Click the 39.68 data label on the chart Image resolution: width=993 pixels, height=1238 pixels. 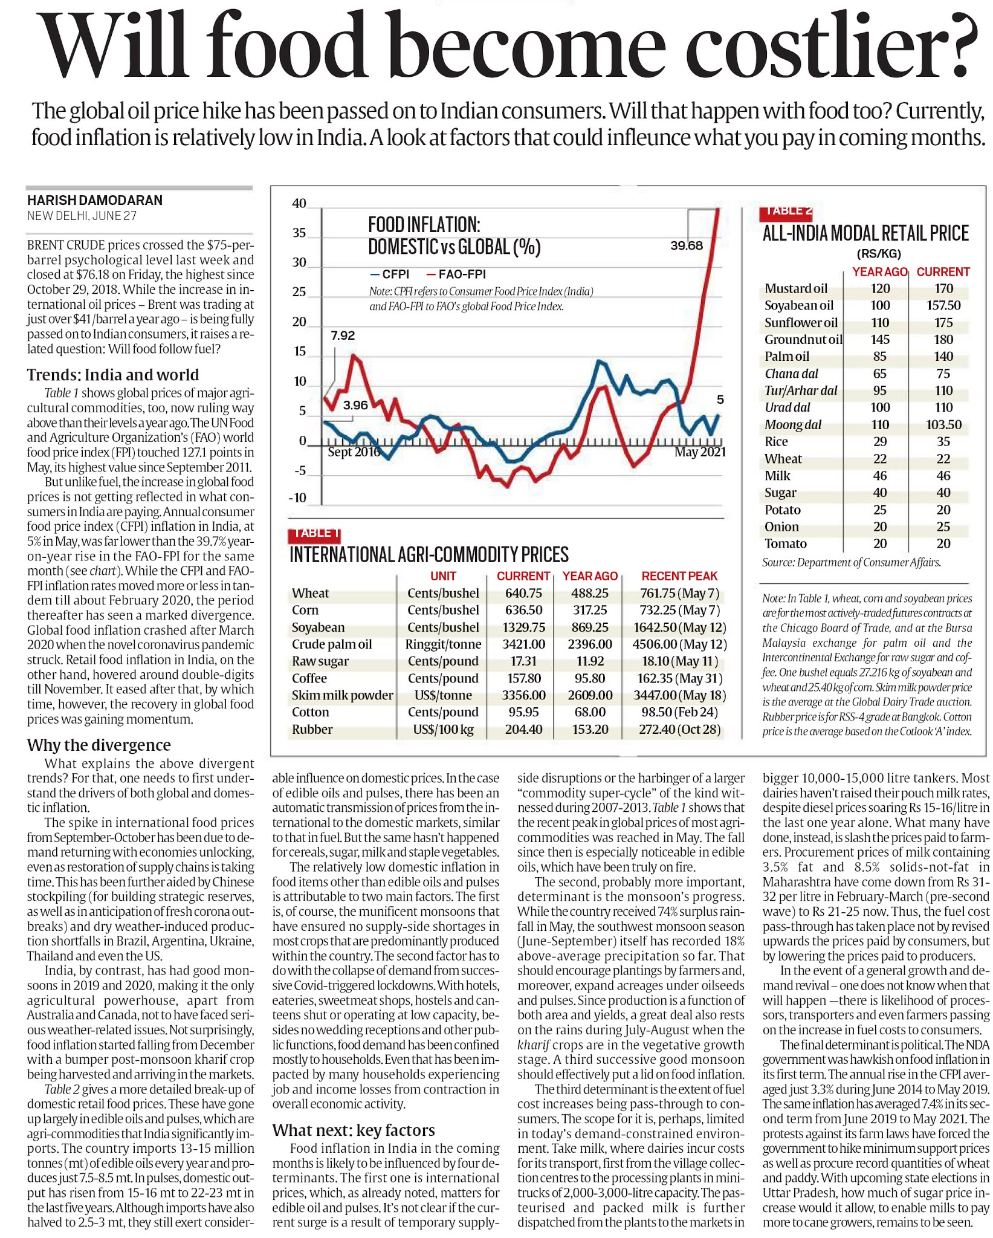[687, 245]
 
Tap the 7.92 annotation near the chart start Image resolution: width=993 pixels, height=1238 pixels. [343, 335]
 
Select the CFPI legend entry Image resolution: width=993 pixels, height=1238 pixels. [389, 274]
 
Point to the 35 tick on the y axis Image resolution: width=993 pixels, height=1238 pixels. [299, 233]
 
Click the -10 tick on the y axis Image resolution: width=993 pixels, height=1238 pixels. [297, 498]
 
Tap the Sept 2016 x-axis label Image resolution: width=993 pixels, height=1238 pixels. [354, 452]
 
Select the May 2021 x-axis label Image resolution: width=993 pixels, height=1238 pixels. [700, 452]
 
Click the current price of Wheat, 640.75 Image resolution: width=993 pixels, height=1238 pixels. [523, 593]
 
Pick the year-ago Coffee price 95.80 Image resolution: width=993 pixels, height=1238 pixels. [590, 678]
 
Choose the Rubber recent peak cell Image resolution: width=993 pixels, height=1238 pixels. [680, 729]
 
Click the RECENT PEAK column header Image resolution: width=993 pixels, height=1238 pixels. [679, 576]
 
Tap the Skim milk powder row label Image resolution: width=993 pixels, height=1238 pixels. [342, 695]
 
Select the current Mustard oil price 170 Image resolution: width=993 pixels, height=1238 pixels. [943, 288]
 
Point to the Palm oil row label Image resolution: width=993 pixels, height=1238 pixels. [786, 357]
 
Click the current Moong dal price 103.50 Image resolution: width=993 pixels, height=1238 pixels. [943, 425]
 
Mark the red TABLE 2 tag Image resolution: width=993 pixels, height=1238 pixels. [786, 212]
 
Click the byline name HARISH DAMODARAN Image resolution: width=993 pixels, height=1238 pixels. [95, 200]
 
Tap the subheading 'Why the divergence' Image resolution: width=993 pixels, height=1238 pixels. [99, 745]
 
